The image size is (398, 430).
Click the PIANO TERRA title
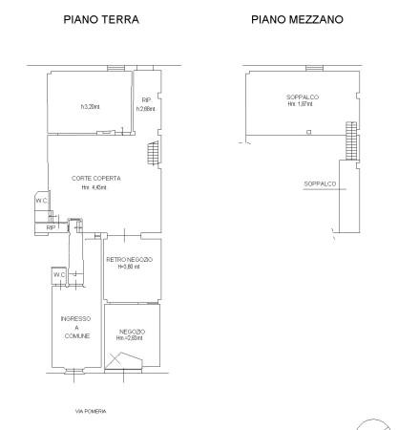tap(100, 18)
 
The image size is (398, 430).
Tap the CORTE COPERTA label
tap(95, 178)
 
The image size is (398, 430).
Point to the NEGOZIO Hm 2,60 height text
tap(130, 338)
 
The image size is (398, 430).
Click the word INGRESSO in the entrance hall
tap(75, 318)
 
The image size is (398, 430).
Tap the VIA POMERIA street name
tap(92, 411)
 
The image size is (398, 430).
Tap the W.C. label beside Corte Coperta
tap(42, 201)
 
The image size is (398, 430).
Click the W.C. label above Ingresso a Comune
tap(59, 274)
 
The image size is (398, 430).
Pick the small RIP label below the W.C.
tap(51, 227)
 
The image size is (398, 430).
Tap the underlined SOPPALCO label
tap(318, 183)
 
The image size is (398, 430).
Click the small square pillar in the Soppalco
tap(309, 132)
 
